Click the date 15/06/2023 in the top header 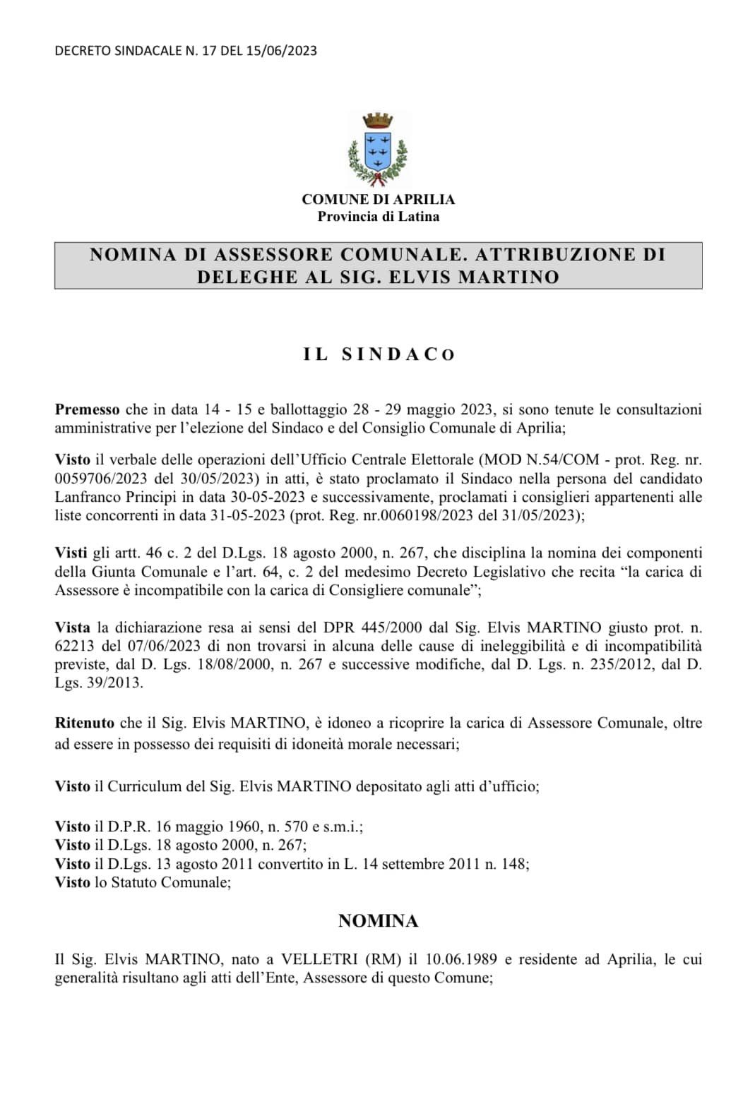point(281,51)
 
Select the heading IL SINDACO point(379,354)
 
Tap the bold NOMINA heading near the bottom point(378,920)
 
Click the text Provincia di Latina point(378,217)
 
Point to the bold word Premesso point(88,409)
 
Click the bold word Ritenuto point(85,723)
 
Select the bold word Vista point(73,627)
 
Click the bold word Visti point(71,553)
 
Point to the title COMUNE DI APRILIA point(378,200)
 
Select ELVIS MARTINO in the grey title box point(474,277)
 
